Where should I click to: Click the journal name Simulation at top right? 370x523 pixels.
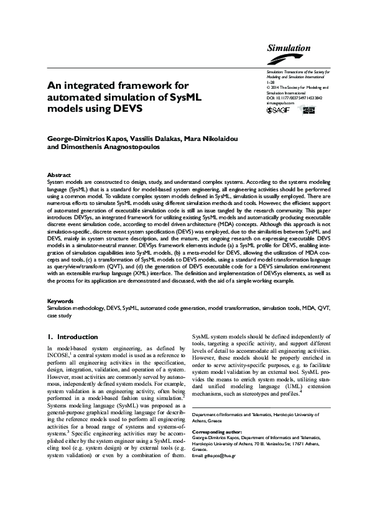coord(289,48)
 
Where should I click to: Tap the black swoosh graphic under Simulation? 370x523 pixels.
coord(288,58)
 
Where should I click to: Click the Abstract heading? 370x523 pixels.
coord(59,176)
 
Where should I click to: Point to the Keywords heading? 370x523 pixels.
coord(62,301)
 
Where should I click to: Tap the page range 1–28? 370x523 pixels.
coord(269,82)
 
